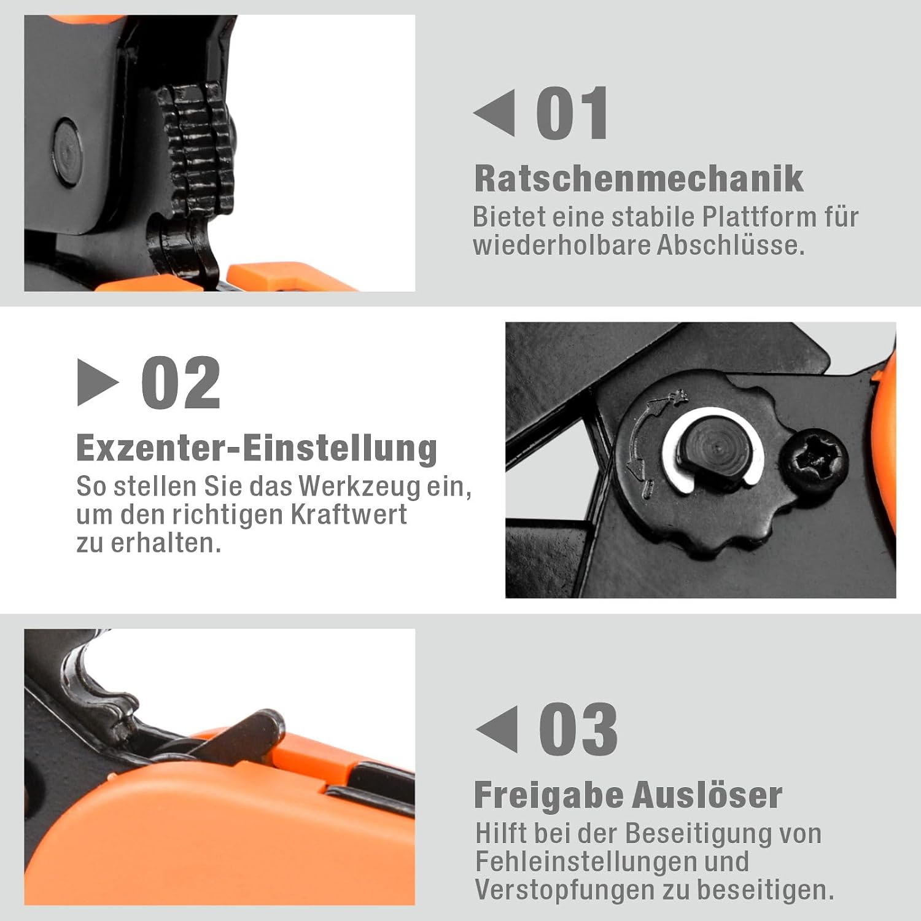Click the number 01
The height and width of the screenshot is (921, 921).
[572, 114]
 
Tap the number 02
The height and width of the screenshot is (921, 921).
[181, 383]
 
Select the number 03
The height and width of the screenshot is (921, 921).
[578, 729]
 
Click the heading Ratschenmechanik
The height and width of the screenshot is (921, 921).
[639, 179]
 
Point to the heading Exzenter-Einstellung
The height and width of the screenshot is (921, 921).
[257, 448]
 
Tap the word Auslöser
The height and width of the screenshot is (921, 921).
[707, 795]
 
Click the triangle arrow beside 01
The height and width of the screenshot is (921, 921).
[494, 113]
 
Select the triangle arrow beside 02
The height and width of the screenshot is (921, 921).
[98, 383]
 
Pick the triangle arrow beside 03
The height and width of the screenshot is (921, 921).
[496, 729]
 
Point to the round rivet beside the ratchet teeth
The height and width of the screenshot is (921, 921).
[68, 150]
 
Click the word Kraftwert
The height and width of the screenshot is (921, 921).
[348, 515]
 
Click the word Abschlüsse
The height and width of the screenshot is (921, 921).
[731, 245]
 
